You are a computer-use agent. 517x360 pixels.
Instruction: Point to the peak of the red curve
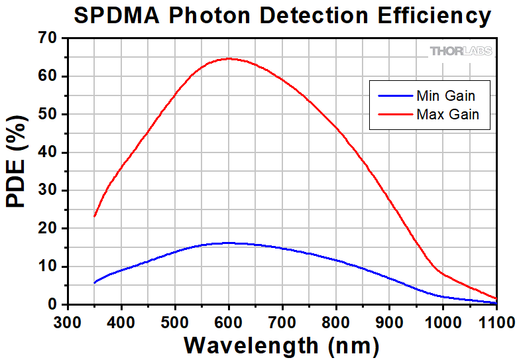point(229,58)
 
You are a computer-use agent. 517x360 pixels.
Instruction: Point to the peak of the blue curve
point(229,243)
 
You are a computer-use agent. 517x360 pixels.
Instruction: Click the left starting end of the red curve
point(95,216)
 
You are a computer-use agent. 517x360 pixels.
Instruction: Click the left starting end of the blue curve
point(95,283)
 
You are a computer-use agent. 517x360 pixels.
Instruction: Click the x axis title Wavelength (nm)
point(281,345)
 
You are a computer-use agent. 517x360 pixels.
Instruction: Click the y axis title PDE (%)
point(18,171)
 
